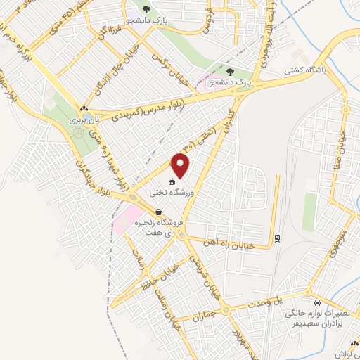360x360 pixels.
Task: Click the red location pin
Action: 181,165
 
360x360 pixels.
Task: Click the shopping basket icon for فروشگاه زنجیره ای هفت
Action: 158,212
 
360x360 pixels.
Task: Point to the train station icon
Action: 278,237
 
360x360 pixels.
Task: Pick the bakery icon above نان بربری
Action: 84,109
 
